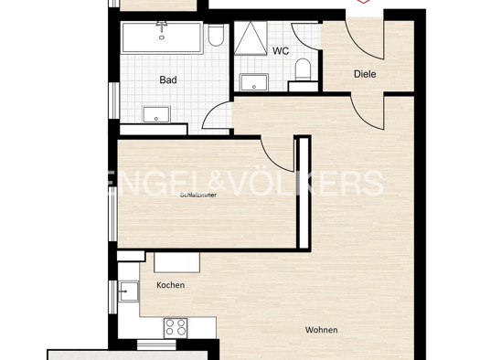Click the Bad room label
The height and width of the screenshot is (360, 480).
click(167, 80)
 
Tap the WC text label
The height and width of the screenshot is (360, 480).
click(280, 51)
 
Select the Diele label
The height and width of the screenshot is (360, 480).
click(366, 75)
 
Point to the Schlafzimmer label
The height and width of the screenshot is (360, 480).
click(198, 194)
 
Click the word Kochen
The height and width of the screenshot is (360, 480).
click(170, 285)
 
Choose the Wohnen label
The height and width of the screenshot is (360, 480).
click(321, 330)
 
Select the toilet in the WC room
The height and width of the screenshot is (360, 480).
click(303, 71)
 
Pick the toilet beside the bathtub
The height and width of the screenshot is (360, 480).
click(216, 37)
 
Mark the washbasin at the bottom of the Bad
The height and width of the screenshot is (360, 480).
click(156, 113)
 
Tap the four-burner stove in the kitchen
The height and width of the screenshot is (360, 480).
click(176, 326)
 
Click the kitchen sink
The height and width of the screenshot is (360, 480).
click(128, 292)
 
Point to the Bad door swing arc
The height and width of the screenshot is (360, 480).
click(216, 116)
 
